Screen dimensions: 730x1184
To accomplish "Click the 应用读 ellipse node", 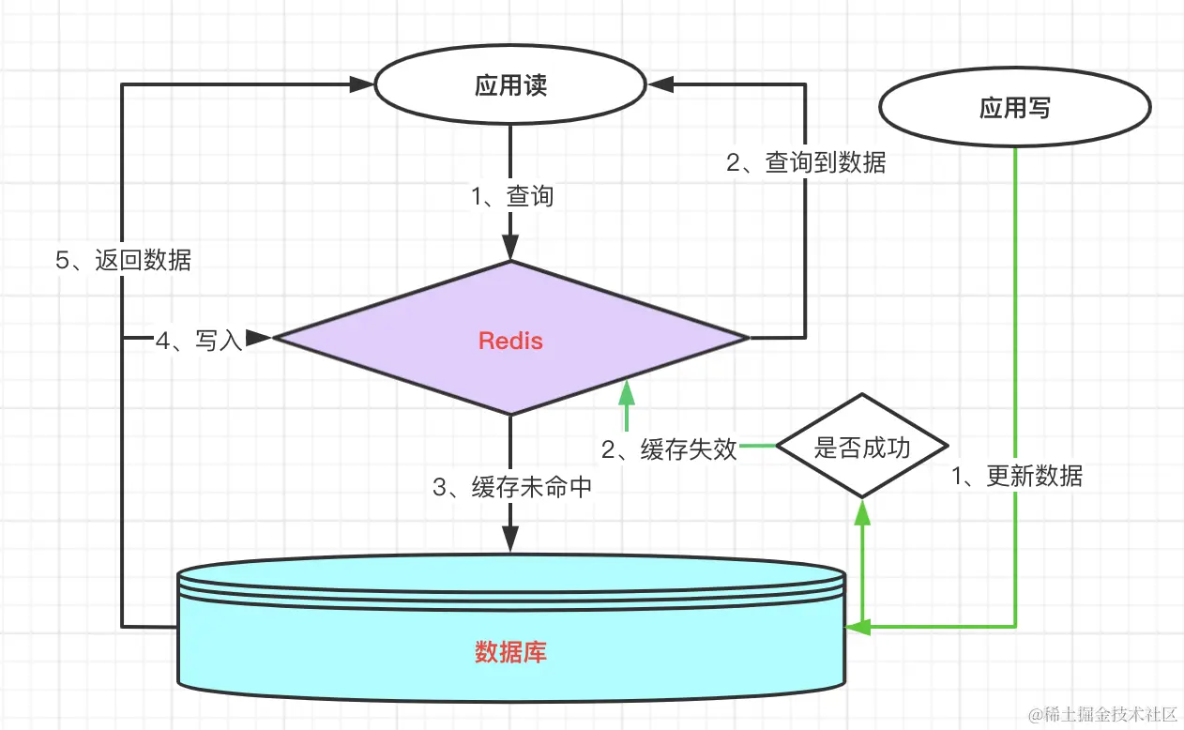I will [x=510, y=85].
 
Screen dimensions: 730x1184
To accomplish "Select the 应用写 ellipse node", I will [x=1015, y=109].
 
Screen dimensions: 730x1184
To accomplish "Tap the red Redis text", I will [x=510, y=340].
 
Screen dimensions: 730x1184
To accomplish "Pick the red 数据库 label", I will [x=510, y=652].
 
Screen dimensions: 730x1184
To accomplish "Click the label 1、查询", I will [x=512, y=196].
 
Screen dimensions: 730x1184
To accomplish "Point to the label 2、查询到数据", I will [x=806, y=162].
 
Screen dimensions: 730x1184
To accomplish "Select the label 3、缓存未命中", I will [x=512, y=487].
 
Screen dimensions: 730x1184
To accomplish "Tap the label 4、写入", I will [x=199, y=341].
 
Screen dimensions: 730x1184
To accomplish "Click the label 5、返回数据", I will [x=123, y=261].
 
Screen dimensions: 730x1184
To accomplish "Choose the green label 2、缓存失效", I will [x=669, y=449].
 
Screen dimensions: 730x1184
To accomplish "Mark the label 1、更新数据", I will [x=1017, y=477].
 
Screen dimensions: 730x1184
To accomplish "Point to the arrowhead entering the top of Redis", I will [x=510, y=249].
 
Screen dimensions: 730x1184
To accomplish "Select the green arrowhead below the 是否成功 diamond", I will [x=862, y=510].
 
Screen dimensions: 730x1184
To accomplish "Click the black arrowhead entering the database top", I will [x=510, y=540].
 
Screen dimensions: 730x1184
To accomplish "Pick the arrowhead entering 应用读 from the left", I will [x=362, y=84].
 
